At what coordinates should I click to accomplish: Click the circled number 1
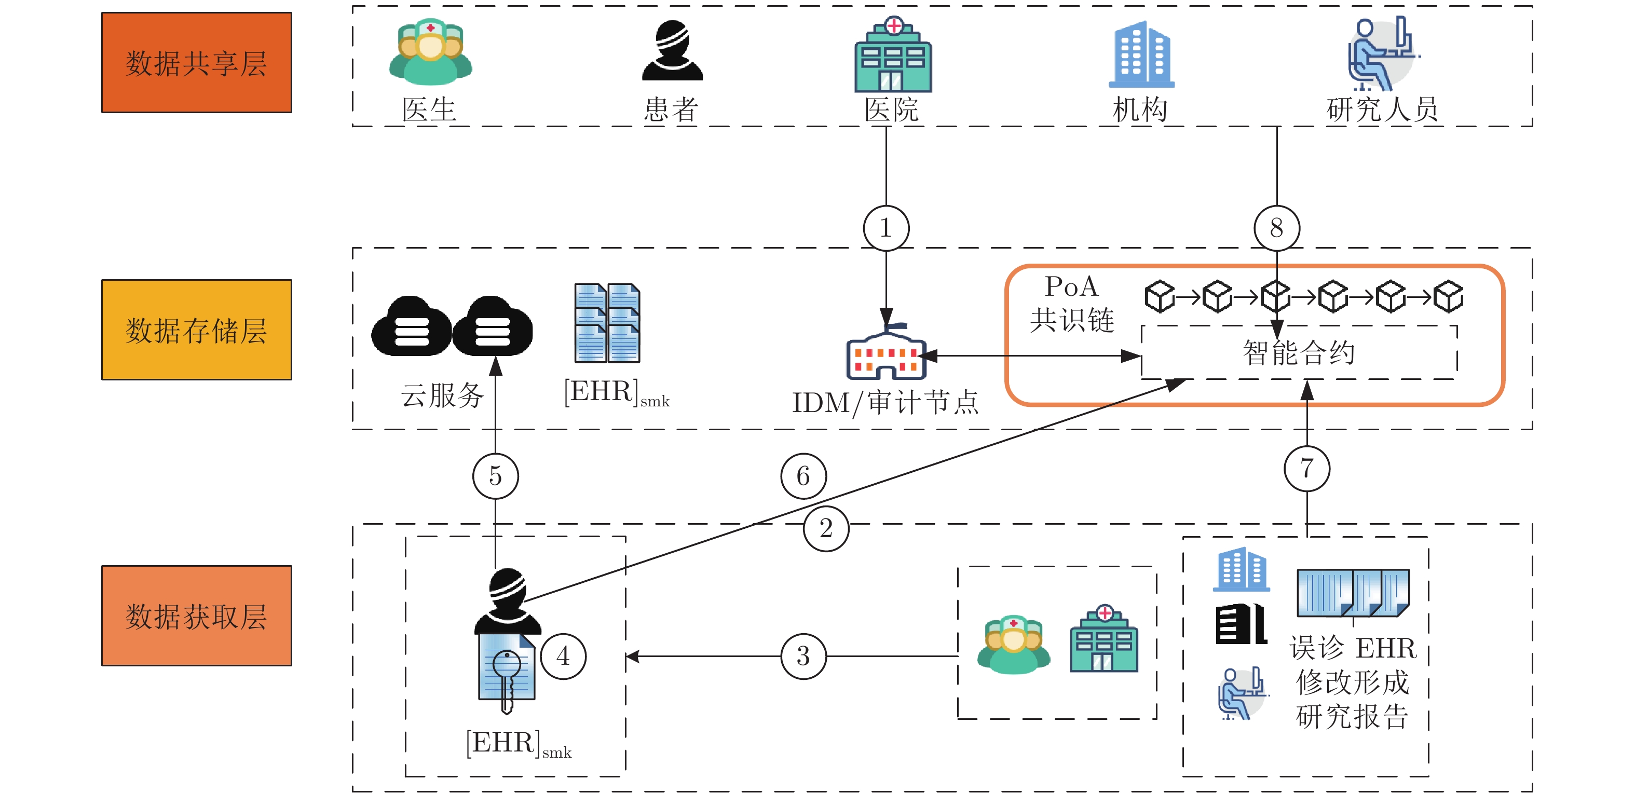(x=886, y=228)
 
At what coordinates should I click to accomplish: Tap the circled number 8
(x=1276, y=228)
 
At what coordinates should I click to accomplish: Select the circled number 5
(x=495, y=476)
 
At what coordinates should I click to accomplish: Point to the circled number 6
(x=803, y=476)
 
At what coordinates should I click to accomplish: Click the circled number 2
(x=826, y=528)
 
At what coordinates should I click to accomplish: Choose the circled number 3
(x=803, y=656)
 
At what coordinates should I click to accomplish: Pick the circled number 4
(x=563, y=656)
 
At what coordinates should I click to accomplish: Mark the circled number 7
(x=1306, y=468)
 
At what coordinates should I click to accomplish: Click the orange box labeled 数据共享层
(x=196, y=63)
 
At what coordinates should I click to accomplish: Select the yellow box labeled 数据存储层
(x=196, y=330)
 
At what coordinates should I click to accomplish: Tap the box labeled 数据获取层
(x=196, y=616)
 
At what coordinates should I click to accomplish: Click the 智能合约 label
(x=1299, y=353)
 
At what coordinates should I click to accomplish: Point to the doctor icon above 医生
(x=430, y=52)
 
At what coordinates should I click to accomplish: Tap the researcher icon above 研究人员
(x=1381, y=54)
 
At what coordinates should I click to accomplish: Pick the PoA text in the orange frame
(x=1071, y=287)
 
